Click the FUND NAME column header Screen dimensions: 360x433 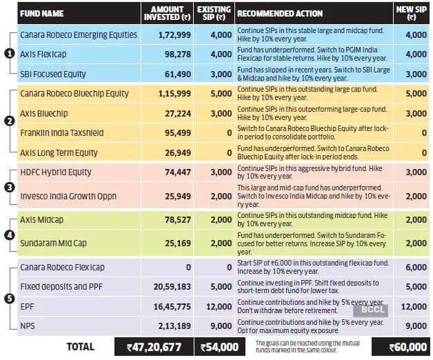click(43, 13)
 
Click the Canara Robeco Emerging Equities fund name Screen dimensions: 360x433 click(78, 34)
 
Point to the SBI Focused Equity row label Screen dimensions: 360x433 click(53, 74)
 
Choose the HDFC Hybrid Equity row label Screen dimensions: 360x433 click(55, 172)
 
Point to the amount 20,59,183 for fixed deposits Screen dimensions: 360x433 click(162, 286)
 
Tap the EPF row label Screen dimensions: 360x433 click(28, 306)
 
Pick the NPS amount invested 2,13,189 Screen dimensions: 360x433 click(163, 325)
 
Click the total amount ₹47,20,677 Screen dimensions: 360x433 click(152, 346)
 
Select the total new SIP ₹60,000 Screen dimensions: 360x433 click(403, 346)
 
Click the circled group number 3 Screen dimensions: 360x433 click(9, 186)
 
